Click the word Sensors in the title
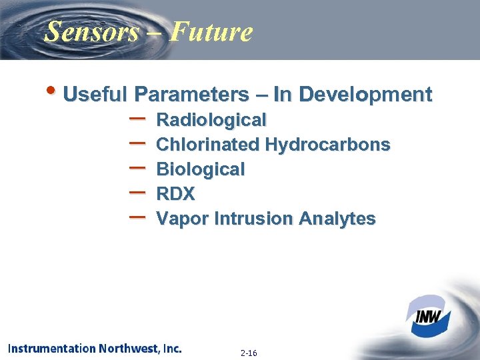pyautogui.click(x=91, y=31)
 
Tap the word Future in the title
pyautogui.click(x=211, y=31)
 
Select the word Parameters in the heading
pyautogui.click(x=188, y=94)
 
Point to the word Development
pyautogui.click(x=365, y=94)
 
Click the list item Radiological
pyautogui.click(x=211, y=120)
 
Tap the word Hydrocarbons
pyautogui.click(x=327, y=145)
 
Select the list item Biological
pyautogui.click(x=200, y=169)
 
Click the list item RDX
pyautogui.click(x=175, y=194)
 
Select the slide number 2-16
pyautogui.click(x=249, y=353)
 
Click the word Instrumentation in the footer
pyautogui.click(x=51, y=348)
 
